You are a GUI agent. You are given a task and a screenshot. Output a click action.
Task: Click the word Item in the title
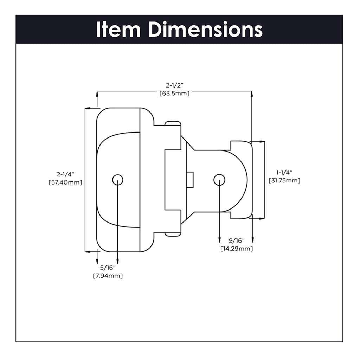[x=118, y=30]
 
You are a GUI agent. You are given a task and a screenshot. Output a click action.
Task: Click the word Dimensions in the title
[x=205, y=30]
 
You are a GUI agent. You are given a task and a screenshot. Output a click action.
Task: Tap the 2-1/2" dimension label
[x=174, y=85]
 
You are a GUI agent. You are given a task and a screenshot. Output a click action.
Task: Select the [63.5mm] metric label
[x=174, y=94]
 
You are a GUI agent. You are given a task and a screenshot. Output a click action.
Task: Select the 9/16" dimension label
[x=236, y=241]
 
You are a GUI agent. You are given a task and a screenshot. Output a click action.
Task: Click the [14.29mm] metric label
[x=236, y=249]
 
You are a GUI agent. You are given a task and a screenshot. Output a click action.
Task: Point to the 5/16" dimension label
[x=108, y=268]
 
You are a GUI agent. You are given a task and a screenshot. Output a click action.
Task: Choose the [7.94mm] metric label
[x=108, y=276]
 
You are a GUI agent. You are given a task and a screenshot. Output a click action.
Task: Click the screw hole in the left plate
[x=118, y=180]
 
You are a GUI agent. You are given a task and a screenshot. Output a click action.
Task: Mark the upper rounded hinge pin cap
[x=173, y=123]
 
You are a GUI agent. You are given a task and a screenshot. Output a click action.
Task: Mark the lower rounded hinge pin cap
[x=173, y=233]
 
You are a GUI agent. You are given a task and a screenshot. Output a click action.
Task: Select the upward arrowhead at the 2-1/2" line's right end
[x=252, y=94]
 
